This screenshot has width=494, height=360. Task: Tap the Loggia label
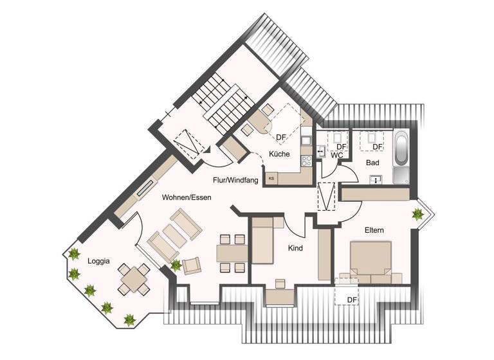click(99, 261)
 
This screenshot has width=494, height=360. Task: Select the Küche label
click(280, 154)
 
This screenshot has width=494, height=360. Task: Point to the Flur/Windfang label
click(236, 181)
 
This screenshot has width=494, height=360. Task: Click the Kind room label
click(295, 248)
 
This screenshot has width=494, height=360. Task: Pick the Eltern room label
click(374, 229)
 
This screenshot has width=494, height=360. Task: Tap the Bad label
click(372, 163)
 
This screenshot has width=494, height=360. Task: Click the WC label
click(336, 156)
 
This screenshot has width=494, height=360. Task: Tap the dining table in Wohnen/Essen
click(231, 253)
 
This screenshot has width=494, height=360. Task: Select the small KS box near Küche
click(271, 178)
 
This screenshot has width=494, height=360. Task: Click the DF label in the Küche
click(281, 137)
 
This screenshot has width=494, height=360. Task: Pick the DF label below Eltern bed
click(352, 300)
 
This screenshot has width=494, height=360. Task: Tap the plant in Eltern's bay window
click(419, 215)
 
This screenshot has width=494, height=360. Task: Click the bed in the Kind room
click(264, 241)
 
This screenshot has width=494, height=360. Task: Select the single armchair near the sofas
click(192, 265)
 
